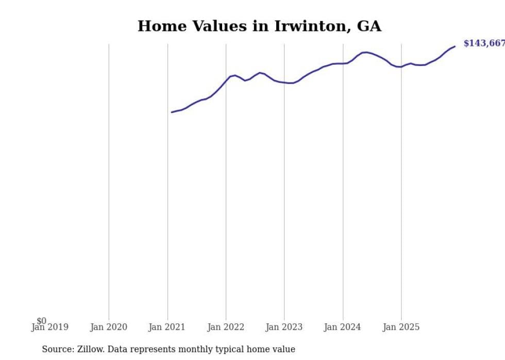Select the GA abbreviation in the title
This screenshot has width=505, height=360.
(369, 26)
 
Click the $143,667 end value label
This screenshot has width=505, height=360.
(484, 43)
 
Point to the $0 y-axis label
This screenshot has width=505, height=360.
(41, 321)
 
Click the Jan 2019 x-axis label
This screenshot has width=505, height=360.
(49, 327)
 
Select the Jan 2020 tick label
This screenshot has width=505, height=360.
(108, 327)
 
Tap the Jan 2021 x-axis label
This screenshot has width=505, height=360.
(167, 327)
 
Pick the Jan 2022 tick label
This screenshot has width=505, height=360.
(226, 327)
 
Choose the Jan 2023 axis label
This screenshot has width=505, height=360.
(284, 327)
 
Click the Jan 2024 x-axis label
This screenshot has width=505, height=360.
(343, 327)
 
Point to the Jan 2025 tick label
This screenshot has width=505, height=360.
(401, 327)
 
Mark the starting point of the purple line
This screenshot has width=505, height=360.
(172, 112)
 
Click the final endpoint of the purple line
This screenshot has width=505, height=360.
(455, 46)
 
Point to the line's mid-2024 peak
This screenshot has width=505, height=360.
(365, 52)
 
